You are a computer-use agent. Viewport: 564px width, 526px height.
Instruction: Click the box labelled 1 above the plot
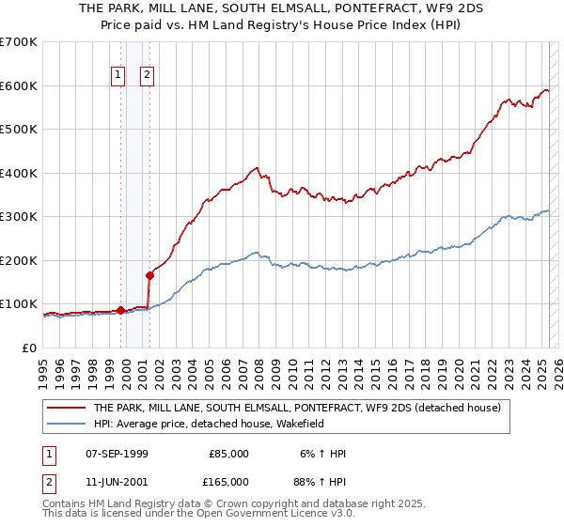tap(118, 76)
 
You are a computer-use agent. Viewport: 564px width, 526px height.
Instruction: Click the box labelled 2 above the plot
tap(148, 76)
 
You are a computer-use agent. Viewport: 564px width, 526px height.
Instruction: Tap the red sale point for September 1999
tap(120, 310)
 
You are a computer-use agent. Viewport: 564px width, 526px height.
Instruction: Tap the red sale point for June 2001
tap(149, 275)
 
